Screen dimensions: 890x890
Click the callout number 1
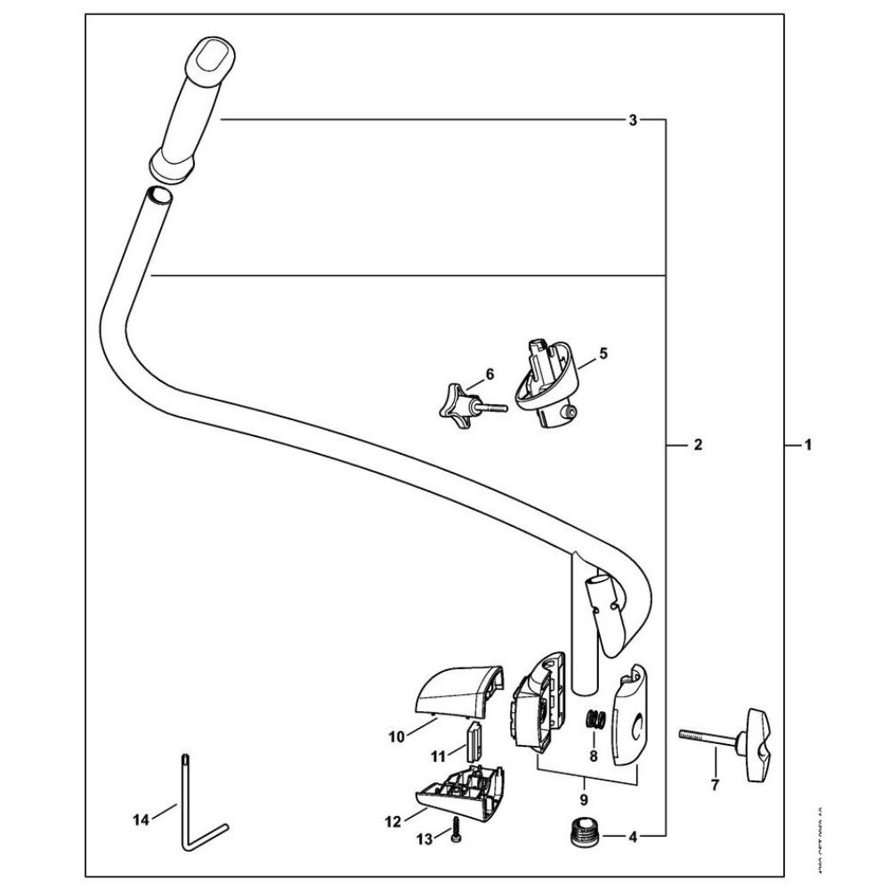click(x=807, y=443)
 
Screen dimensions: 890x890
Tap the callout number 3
click(x=633, y=119)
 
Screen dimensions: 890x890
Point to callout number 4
click(x=633, y=836)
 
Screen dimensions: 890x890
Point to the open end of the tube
click(x=158, y=195)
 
